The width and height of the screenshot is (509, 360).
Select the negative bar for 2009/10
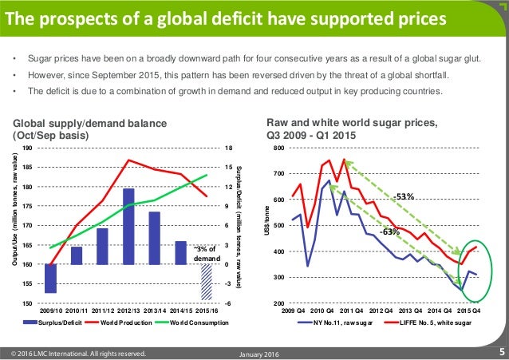pyautogui.click(x=51, y=279)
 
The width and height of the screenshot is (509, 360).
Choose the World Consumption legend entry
pyautogui.click(x=188, y=322)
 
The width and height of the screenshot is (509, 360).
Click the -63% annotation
pyautogui.click(x=390, y=231)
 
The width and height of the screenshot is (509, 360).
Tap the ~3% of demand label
pyautogui.click(x=205, y=254)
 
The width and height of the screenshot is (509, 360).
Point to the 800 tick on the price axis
pyautogui.click(x=278, y=149)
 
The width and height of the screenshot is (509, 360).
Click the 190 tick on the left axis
pyautogui.click(x=28, y=148)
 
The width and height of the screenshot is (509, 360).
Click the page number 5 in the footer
pyautogui.click(x=501, y=351)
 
